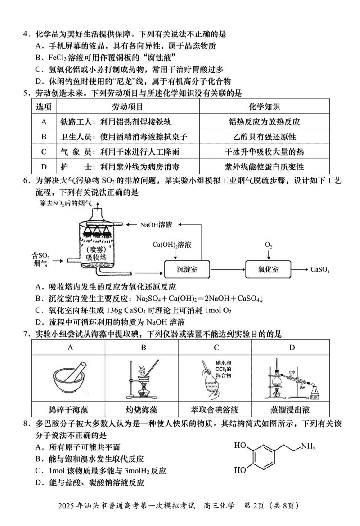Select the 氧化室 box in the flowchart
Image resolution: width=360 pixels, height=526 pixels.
tap(268, 269)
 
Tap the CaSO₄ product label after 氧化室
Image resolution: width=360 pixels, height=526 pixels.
tap(320, 270)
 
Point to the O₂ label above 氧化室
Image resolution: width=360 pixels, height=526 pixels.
tap(268, 245)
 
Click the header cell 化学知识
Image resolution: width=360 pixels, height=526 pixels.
tap(264, 107)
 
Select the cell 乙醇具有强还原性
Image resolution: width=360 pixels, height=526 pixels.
tap(264, 137)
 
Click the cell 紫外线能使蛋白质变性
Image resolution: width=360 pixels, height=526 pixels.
tap(264, 167)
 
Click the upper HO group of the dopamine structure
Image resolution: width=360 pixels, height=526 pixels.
tap(240, 446)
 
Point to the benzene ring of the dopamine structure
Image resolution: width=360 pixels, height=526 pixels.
tap(262, 458)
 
